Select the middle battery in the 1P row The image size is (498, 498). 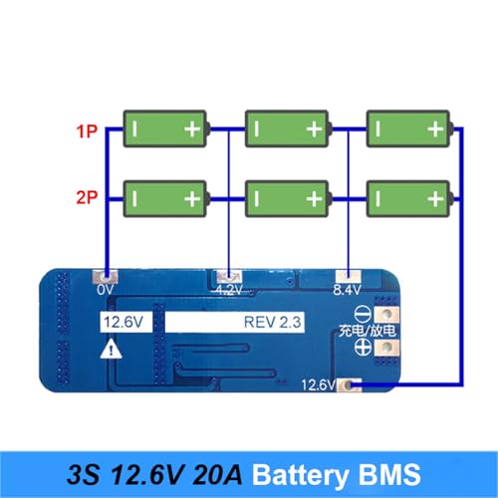coord(287,129)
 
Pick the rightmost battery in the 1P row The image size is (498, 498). coord(408,129)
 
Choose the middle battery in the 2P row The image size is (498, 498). coord(287,198)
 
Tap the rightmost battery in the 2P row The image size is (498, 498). coord(408,198)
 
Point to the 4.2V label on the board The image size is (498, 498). coord(230,292)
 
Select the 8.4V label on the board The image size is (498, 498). coord(345,292)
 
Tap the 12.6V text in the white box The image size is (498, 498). coord(119,321)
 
